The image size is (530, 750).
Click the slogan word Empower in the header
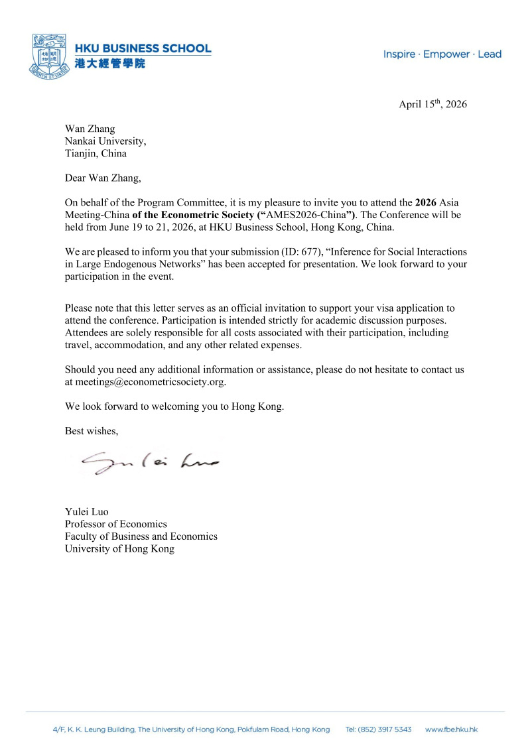[x=446, y=54]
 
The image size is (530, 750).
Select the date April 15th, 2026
[x=432, y=104]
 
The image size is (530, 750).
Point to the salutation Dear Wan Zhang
[x=103, y=178]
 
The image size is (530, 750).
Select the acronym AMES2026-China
[x=305, y=216]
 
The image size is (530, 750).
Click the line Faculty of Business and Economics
[x=141, y=536]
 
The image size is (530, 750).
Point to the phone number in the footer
[x=379, y=729]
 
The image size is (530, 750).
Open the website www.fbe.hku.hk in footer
[x=451, y=729]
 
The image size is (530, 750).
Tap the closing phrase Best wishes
[x=92, y=431]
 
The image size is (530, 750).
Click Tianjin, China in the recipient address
[x=96, y=153]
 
